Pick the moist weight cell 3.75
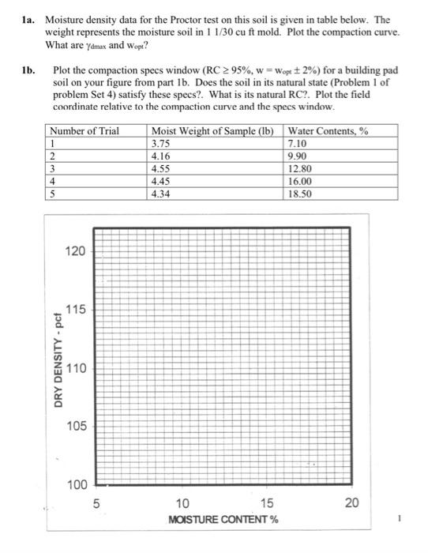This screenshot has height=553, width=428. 160,143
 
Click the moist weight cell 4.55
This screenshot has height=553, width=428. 160,167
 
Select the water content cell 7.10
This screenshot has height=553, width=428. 301,143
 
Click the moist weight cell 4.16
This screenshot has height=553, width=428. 160,155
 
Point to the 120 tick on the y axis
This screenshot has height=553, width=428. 75,251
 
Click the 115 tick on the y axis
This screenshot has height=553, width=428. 75,309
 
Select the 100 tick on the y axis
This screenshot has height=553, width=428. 75,483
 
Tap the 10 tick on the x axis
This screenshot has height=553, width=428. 182,503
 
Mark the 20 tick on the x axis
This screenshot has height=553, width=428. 351,503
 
